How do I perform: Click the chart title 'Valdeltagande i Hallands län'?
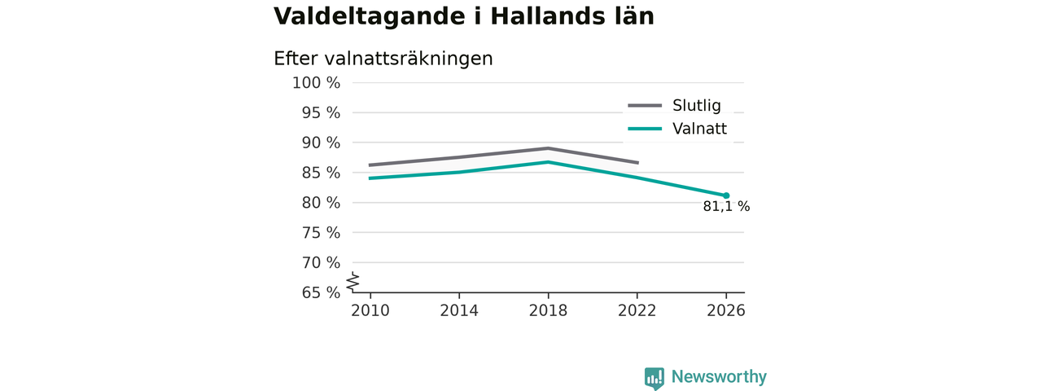coord(464,17)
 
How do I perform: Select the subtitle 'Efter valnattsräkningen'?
coord(383,59)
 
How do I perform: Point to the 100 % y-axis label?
coord(317,83)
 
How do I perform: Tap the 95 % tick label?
coord(321,112)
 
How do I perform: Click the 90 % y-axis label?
coord(321,143)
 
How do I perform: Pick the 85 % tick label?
coord(321,173)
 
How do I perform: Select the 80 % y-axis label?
coord(321,203)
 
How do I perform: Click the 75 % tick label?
coord(321,232)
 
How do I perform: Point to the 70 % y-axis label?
coord(321,262)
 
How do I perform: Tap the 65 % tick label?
coord(321,292)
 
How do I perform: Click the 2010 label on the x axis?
coord(370,310)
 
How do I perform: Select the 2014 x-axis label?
coord(459,310)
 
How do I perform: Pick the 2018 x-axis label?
coord(548,310)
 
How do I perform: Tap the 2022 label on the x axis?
coord(637,310)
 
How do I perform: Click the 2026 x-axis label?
coord(725,310)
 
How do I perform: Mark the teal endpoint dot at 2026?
coord(726,195)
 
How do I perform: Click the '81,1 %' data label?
coord(726,206)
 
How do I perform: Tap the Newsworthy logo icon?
coord(654,378)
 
